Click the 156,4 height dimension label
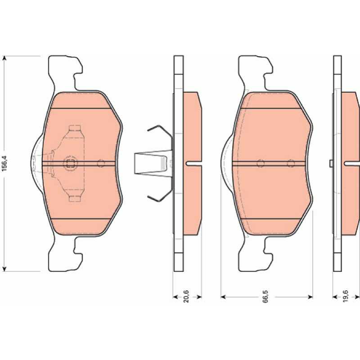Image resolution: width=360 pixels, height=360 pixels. tap(4, 163)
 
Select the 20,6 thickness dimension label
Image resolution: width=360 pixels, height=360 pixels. tap(186, 296)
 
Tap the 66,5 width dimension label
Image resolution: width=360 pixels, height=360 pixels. tap(265, 297)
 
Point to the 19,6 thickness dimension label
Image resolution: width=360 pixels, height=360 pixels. tap(346, 296)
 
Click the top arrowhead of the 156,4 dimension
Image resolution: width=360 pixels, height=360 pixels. tap(4, 58)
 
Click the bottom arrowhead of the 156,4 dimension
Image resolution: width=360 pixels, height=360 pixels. tap(4, 269)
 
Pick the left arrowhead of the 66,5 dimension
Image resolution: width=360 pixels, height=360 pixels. tap(223, 297)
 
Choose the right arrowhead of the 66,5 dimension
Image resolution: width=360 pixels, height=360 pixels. tap(310, 297)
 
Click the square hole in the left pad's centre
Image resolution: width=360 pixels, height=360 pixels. tap(71, 163)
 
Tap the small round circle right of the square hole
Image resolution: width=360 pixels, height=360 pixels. tap(101, 163)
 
